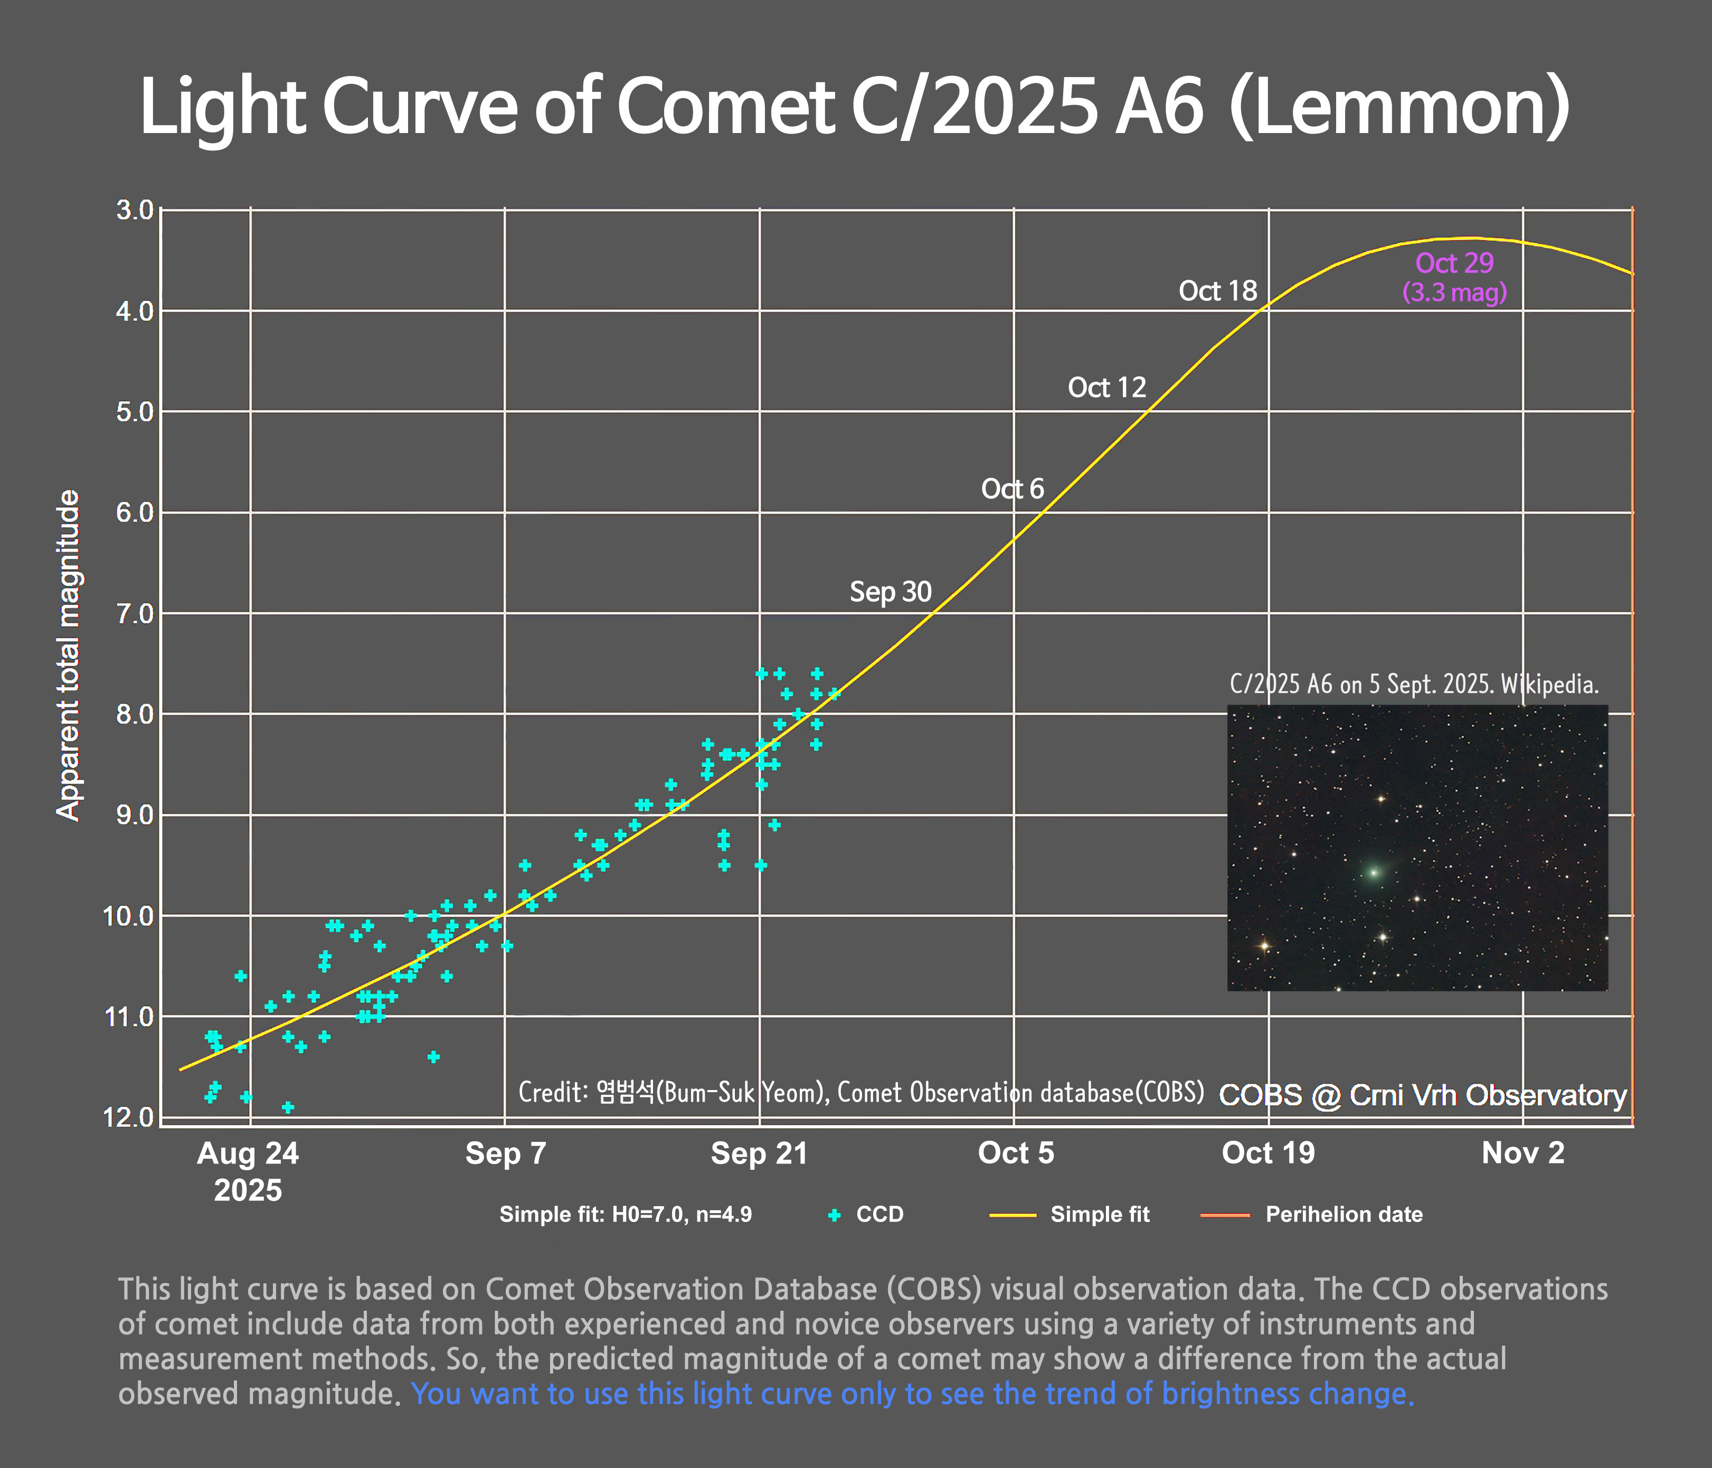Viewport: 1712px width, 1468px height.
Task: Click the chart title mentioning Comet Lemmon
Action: tap(854, 107)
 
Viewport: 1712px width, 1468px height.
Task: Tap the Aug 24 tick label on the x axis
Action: tap(248, 1153)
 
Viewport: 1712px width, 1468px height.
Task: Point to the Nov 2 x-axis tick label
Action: tap(1523, 1153)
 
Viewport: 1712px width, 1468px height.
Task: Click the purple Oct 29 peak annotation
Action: tap(1454, 263)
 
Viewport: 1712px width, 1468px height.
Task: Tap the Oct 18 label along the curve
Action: tap(1217, 291)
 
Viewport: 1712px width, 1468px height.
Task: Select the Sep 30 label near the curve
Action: tap(890, 592)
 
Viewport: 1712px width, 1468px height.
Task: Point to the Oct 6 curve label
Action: tap(1012, 489)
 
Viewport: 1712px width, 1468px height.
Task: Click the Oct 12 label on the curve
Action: tap(1106, 387)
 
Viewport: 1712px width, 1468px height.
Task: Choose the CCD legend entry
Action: tap(879, 1215)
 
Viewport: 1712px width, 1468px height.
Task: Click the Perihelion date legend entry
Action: tap(1344, 1215)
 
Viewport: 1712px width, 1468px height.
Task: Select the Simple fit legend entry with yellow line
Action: tap(1099, 1215)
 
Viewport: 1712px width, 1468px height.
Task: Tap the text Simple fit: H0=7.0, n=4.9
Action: tap(626, 1215)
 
